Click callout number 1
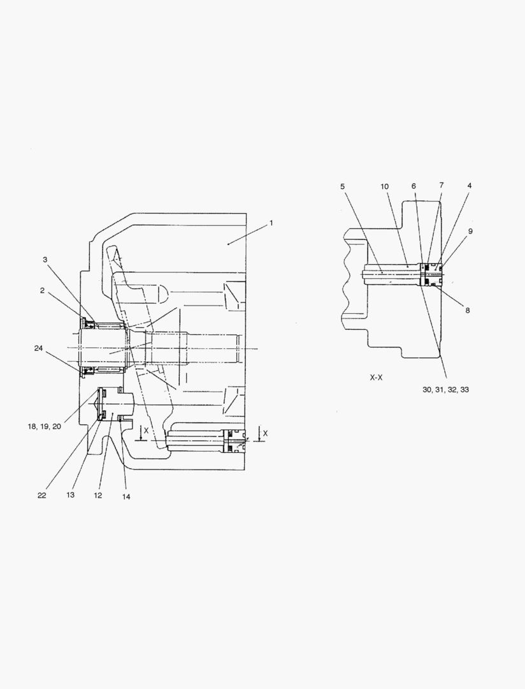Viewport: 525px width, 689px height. [x=271, y=223]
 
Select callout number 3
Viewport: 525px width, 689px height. [x=45, y=260]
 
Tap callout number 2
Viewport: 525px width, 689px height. [x=42, y=290]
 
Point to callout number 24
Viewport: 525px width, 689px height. [x=39, y=348]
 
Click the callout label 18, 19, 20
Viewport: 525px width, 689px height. [x=45, y=427]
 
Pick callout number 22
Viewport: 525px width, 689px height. [x=41, y=495]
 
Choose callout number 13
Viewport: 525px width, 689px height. [x=70, y=495]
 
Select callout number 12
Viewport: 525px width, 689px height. [x=98, y=495]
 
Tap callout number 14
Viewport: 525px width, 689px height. [x=126, y=497]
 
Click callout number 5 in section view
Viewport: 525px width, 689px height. [x=342, y=186]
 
